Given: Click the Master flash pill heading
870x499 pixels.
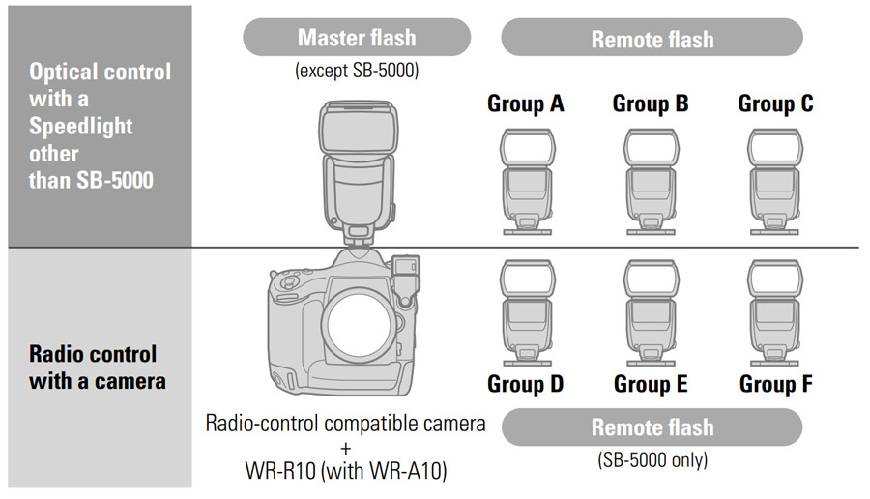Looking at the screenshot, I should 357,38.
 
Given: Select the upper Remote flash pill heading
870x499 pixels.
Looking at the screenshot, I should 652,39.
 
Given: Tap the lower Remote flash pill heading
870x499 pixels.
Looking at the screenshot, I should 652,426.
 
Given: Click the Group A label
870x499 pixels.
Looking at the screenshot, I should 525,103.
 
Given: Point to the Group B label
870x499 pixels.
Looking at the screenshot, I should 651,103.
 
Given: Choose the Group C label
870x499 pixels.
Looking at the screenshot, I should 776,103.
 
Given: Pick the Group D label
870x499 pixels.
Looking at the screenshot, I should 525,384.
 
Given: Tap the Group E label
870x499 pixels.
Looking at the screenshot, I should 651,384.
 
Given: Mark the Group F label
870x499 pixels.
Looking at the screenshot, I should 776,384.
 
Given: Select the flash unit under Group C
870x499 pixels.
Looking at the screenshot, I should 776,182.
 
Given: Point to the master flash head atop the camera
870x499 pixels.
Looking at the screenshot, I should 357,135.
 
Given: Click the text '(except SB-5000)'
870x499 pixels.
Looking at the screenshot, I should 357,71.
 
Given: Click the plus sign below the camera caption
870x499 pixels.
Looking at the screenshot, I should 345,449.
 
